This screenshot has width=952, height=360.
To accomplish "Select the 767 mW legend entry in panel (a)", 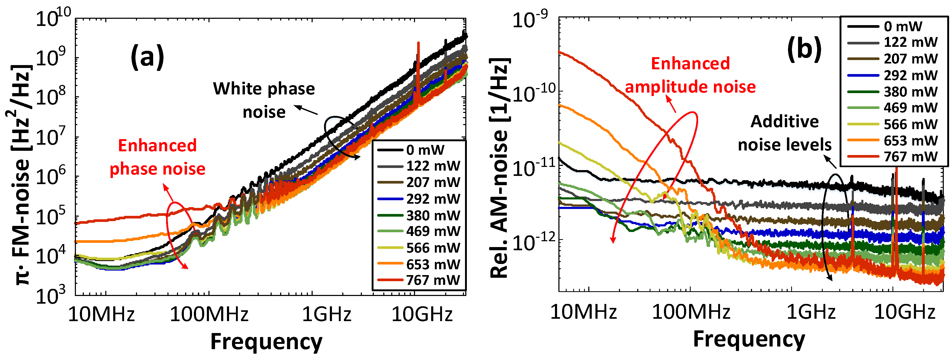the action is (x=419, y=280).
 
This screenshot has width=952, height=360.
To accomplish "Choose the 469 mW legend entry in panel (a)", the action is (x=419, y=231).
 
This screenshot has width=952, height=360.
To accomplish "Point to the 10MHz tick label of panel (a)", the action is (x=102, y=315).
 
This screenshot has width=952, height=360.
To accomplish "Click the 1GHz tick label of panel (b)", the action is (x=810, y=312).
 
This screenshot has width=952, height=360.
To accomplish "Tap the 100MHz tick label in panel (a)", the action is (x=209, y=315).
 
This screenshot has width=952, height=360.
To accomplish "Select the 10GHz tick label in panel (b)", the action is (x=904, y=312).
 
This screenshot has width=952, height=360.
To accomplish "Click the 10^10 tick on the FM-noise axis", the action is (x=54, y=17).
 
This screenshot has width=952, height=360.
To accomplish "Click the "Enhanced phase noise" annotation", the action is (x=157, y=157).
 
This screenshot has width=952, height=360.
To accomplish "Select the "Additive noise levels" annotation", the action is (x=785, y=133).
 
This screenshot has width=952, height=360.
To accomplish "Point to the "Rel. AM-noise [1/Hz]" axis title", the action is (x=500, y=167).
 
